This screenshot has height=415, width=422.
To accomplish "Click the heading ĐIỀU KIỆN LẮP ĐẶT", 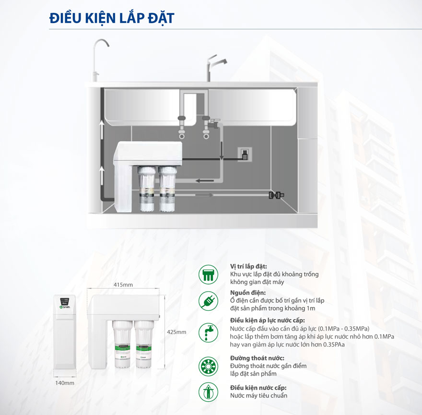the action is [112, 18].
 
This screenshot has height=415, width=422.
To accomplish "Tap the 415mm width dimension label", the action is [123, 285].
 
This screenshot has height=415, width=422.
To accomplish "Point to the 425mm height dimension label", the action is [176, 332].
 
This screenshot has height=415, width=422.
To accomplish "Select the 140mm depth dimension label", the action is [65, 383].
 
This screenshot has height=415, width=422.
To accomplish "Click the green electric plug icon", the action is [208, 301].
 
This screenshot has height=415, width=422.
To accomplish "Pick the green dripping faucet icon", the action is [208, 332].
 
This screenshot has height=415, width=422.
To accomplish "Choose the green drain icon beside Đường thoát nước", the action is [208, 366].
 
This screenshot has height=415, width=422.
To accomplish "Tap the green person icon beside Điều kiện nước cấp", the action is [208, 392].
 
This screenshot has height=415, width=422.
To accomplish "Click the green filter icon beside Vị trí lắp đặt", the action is [208, 274].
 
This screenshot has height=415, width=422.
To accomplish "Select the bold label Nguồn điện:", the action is [248, 293].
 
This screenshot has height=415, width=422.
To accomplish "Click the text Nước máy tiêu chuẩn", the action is [258, 396].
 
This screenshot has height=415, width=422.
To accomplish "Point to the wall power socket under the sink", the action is [245, 154].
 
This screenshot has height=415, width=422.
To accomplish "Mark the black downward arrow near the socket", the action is [222, 150].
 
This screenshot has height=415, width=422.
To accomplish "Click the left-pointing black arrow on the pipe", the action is [205, 180].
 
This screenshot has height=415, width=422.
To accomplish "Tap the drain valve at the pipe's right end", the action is [276, 195].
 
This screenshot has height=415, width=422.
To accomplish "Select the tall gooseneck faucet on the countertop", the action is [100, 60].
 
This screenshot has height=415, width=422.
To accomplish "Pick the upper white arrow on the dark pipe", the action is [102, 129].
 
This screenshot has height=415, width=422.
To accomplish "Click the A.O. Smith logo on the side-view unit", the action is [65, 307].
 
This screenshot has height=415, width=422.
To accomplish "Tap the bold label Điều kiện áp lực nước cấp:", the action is [268, 320].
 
